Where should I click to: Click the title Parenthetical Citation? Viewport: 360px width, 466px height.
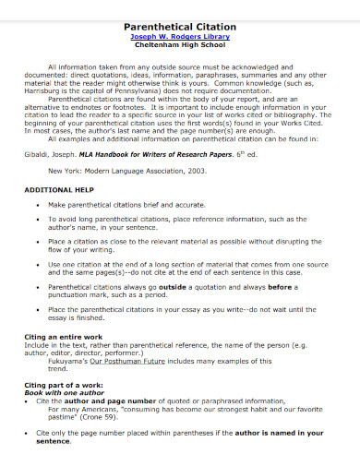pyautogui.click(x=180, y=28)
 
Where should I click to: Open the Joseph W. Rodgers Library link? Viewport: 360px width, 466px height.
pyautogui.click(x=180, y=38)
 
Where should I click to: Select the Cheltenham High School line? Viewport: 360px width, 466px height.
pyautogui.click(x=180, y=48)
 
